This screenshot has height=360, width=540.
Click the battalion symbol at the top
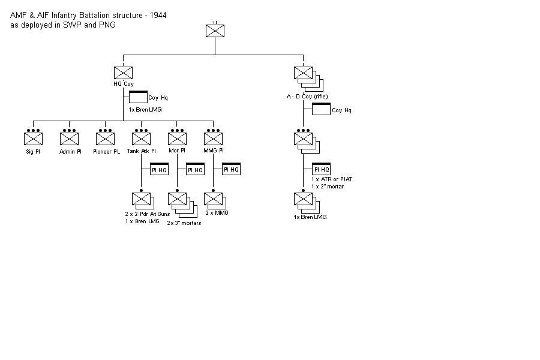click(215, 31)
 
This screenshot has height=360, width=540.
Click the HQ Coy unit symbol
click(123, 73)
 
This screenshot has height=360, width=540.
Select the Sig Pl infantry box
click(33, 139)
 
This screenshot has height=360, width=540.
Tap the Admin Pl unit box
click(69, 139)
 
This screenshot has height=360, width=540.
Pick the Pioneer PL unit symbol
click(105, 139)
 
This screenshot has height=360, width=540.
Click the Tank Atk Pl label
click(141, 152)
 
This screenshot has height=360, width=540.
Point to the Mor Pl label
click(177, 152)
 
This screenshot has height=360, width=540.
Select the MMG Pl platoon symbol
click(213, 139)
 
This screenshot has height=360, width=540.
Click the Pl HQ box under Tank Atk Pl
click(158, 169)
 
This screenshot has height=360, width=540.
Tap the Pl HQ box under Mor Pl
click(195, 169)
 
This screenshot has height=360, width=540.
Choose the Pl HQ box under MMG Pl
click(231, 169)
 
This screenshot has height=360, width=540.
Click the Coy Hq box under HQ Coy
click(138, 97)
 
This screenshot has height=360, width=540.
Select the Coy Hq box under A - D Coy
click(321, 109)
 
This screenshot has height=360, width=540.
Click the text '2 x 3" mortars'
click(184, 223)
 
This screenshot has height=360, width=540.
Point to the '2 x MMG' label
click(217, 213)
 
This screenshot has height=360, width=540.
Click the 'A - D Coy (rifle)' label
click(307, 97)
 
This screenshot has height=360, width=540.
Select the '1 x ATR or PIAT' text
click(332, 179)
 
